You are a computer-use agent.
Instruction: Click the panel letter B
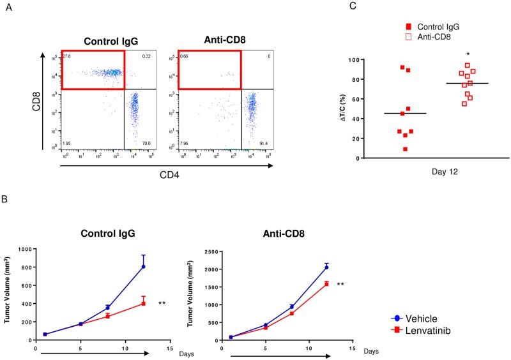coord(6,200)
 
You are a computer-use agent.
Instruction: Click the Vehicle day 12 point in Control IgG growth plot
coord(143,267)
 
